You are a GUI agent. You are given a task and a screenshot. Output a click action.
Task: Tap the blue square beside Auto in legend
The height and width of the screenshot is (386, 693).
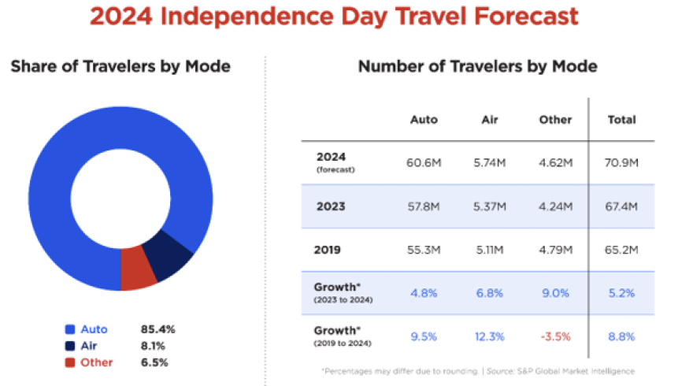point(70,329)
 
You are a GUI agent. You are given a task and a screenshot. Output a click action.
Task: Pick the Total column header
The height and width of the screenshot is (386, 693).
point(621,120)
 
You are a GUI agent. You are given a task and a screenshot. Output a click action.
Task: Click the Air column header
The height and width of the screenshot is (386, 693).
point(490,120)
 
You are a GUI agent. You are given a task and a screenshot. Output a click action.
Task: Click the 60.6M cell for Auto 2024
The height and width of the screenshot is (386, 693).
point(424,162)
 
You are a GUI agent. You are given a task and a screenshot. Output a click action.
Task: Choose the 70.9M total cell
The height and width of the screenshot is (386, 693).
point(621,162)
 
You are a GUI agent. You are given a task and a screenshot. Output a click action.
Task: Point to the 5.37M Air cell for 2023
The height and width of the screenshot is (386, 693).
point(490,206)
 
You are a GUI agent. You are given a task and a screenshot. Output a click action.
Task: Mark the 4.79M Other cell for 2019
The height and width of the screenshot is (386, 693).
point(554,250)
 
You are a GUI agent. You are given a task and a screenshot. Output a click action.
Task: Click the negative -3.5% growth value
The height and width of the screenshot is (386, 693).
point(554,337)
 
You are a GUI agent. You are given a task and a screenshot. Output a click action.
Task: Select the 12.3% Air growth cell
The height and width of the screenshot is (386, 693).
point(490,337)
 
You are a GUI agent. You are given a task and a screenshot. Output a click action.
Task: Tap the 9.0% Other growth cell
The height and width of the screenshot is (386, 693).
point(554,293)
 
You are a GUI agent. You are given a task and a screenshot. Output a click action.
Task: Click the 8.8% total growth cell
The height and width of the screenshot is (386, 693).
point(621,337)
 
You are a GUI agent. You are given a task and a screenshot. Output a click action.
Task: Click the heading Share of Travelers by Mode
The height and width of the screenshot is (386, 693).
point(120,66)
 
